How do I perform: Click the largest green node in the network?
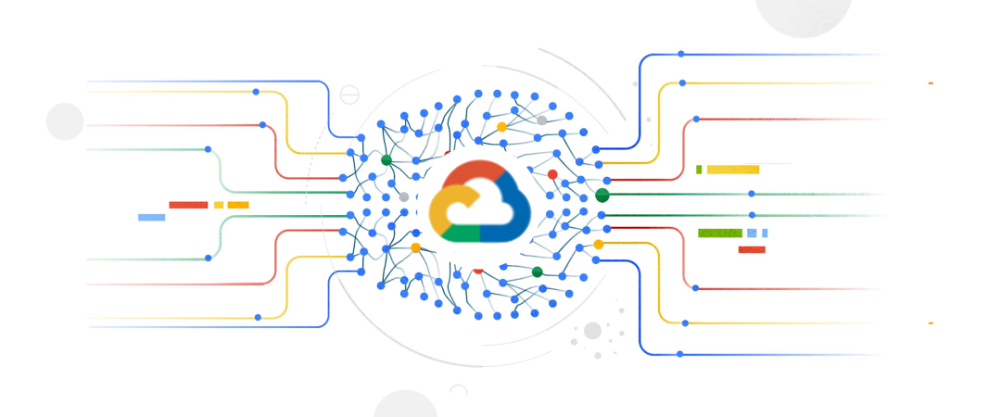click(x=602, y=195)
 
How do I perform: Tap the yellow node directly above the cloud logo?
click(x=501, y=127)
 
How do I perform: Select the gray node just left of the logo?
click(x=403, y=196)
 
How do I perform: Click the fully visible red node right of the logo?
click(x=552, y=174)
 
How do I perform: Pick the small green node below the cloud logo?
click(x=537, y=272)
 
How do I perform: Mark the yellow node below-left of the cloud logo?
click(x=415, y=247)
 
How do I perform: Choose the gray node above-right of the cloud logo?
click(x=541, y=120)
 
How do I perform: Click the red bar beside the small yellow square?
click(x=188, y=205)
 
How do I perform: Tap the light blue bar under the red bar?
click(x=151, y=218)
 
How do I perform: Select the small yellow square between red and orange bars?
click(x=219, y=205)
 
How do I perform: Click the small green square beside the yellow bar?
click(x=699, y=170)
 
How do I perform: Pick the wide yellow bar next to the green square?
click(x=732, y=170)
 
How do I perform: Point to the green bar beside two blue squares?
click(x=719, y=233)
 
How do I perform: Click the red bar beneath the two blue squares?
click(x=752, y=249)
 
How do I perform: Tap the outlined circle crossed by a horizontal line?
click(x=349, y=94)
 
